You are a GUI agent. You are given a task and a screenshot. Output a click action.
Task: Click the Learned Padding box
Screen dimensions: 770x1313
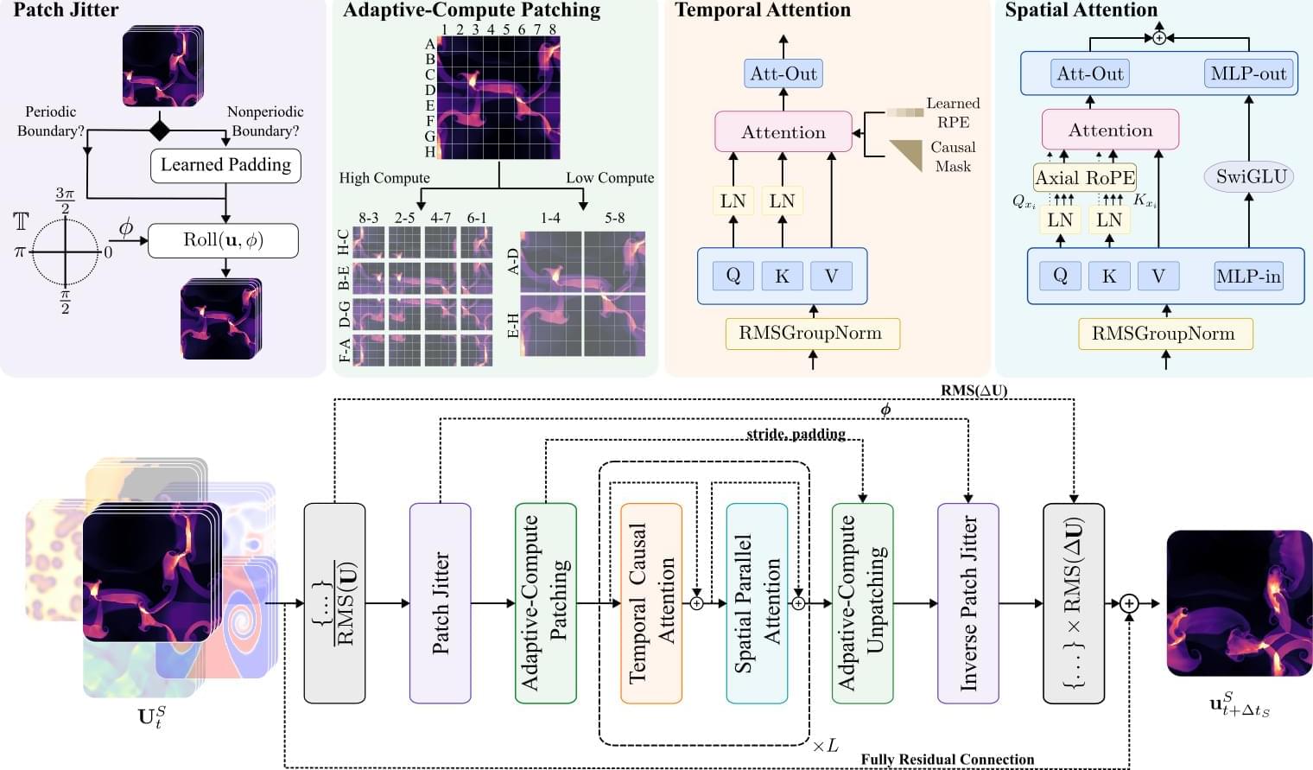225,165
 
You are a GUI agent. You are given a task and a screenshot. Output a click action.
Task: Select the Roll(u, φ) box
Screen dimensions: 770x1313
223,240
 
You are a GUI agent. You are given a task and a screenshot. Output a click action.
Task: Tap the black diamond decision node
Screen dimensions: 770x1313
160,130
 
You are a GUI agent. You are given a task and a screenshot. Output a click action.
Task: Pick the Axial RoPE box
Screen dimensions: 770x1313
1085,178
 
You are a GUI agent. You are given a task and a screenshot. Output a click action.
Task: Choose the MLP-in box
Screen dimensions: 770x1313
1248,277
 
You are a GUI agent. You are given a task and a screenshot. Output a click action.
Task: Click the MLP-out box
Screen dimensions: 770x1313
1248,73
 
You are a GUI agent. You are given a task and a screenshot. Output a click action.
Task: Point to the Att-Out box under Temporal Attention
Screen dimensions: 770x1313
783,73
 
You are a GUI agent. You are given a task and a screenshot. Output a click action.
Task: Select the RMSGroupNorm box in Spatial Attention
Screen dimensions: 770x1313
1164,334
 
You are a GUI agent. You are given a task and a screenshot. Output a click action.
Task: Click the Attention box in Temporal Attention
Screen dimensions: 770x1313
783,132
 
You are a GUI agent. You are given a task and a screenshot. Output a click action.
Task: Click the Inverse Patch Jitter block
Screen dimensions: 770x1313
968,603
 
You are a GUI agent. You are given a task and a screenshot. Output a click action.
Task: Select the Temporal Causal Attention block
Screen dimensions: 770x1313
651,603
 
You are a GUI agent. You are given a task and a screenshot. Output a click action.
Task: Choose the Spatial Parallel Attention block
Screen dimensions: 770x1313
757,603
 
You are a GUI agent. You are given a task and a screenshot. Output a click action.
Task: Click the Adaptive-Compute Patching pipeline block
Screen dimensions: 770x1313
546,603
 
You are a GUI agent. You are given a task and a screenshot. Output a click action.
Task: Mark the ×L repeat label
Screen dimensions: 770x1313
825,745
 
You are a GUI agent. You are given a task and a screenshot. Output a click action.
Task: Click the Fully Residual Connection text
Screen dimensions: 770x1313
947,760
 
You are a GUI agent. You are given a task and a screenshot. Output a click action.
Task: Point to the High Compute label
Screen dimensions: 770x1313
384,178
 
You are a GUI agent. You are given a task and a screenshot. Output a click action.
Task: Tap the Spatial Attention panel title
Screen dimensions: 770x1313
1081,10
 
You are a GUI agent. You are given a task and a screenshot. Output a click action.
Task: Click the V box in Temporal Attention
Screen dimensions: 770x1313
831,277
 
